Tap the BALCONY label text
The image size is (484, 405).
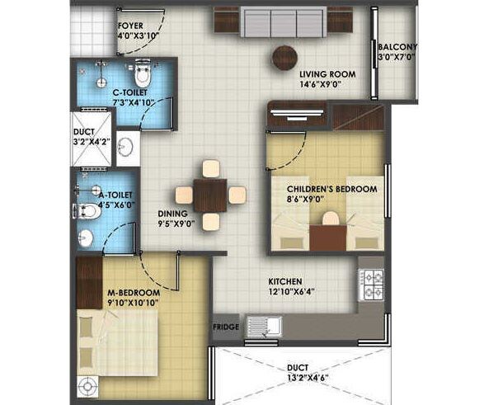pos(397,47)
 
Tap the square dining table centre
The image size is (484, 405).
pos(211,195)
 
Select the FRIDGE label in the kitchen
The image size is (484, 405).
pos(226,327)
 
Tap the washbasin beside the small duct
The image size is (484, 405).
pos(125,148)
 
